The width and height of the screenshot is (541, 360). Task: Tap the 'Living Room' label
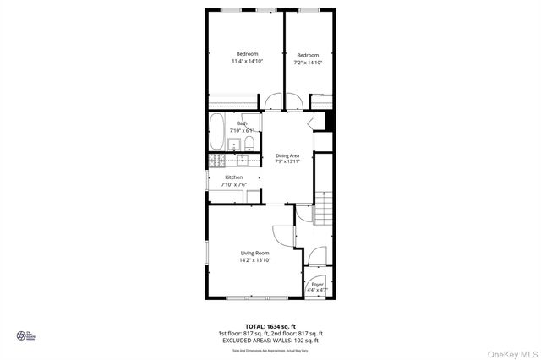tap(254, 253)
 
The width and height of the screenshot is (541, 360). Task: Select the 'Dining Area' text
tap(287, 155)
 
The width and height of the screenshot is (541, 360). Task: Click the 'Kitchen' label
tap(233, 177)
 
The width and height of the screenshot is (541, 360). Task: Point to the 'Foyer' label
tap(318, 285)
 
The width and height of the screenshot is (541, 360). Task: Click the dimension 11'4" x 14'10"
tap(247, 62)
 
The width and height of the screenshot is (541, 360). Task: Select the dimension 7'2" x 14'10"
tap(308, 63)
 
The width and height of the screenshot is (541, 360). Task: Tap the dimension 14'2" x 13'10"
tap(254, 260)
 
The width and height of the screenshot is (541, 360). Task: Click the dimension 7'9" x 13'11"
tap(287, 161)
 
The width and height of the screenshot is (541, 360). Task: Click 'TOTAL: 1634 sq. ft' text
tap(271, 325)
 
